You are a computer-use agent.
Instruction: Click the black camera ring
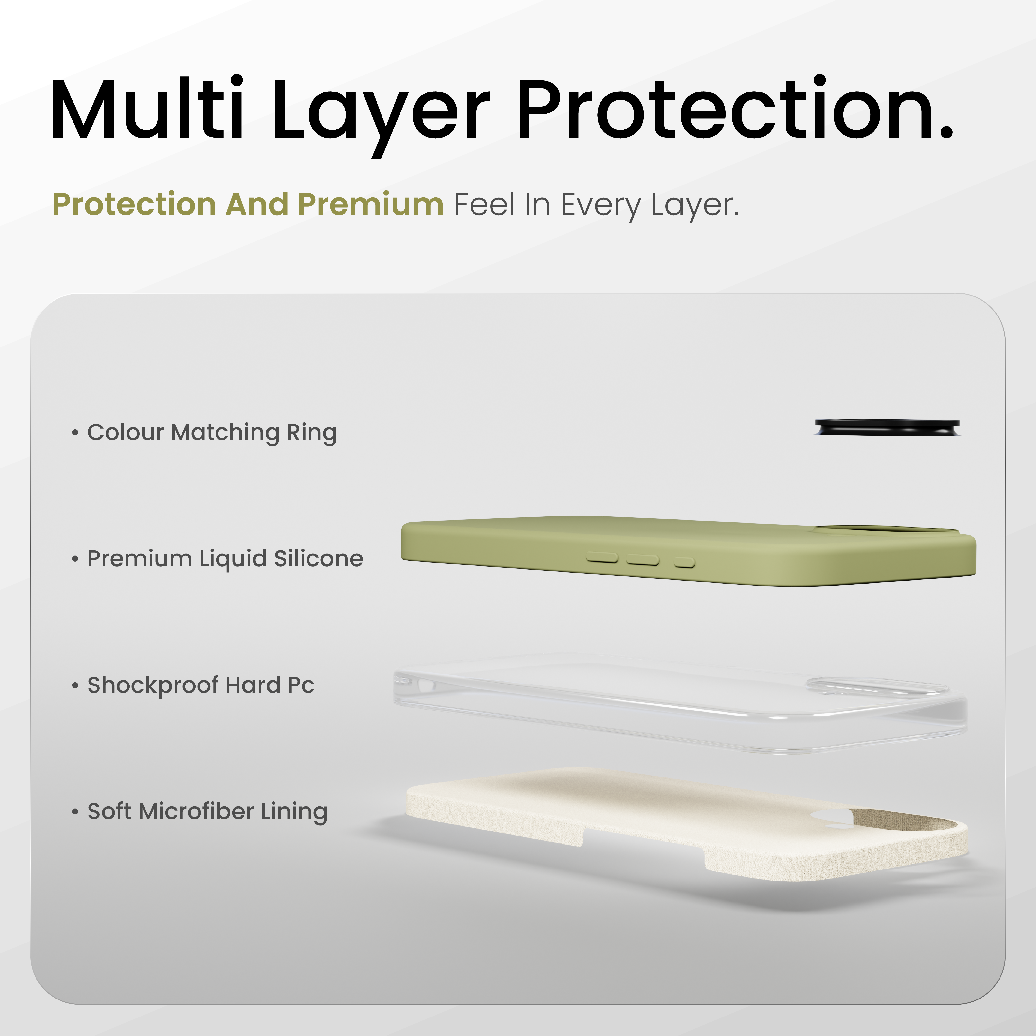coord(887,427)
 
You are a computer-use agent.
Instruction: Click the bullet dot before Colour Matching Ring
coord(75,432)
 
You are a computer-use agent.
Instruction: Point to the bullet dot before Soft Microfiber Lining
coord(75,811)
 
